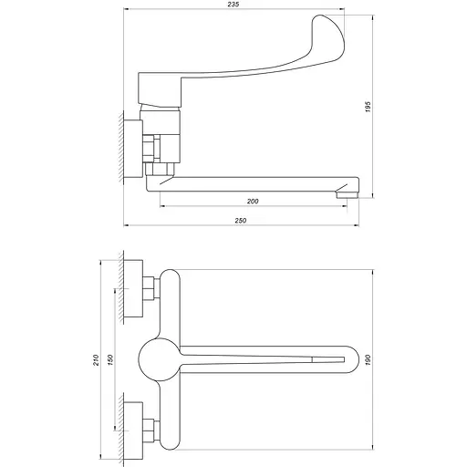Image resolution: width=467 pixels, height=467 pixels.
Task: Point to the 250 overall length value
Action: (x=242, y=220)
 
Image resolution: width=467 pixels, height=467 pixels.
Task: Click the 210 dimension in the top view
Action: (x=97, y=361)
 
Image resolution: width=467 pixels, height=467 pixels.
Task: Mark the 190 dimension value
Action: (x=368, y=360)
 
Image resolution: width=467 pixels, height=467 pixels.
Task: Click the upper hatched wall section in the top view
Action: (x=123, y=287)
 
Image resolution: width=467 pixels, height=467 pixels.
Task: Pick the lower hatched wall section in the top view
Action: (x=123, y=432)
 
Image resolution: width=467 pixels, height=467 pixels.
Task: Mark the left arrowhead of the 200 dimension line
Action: (x=161, y=206)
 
